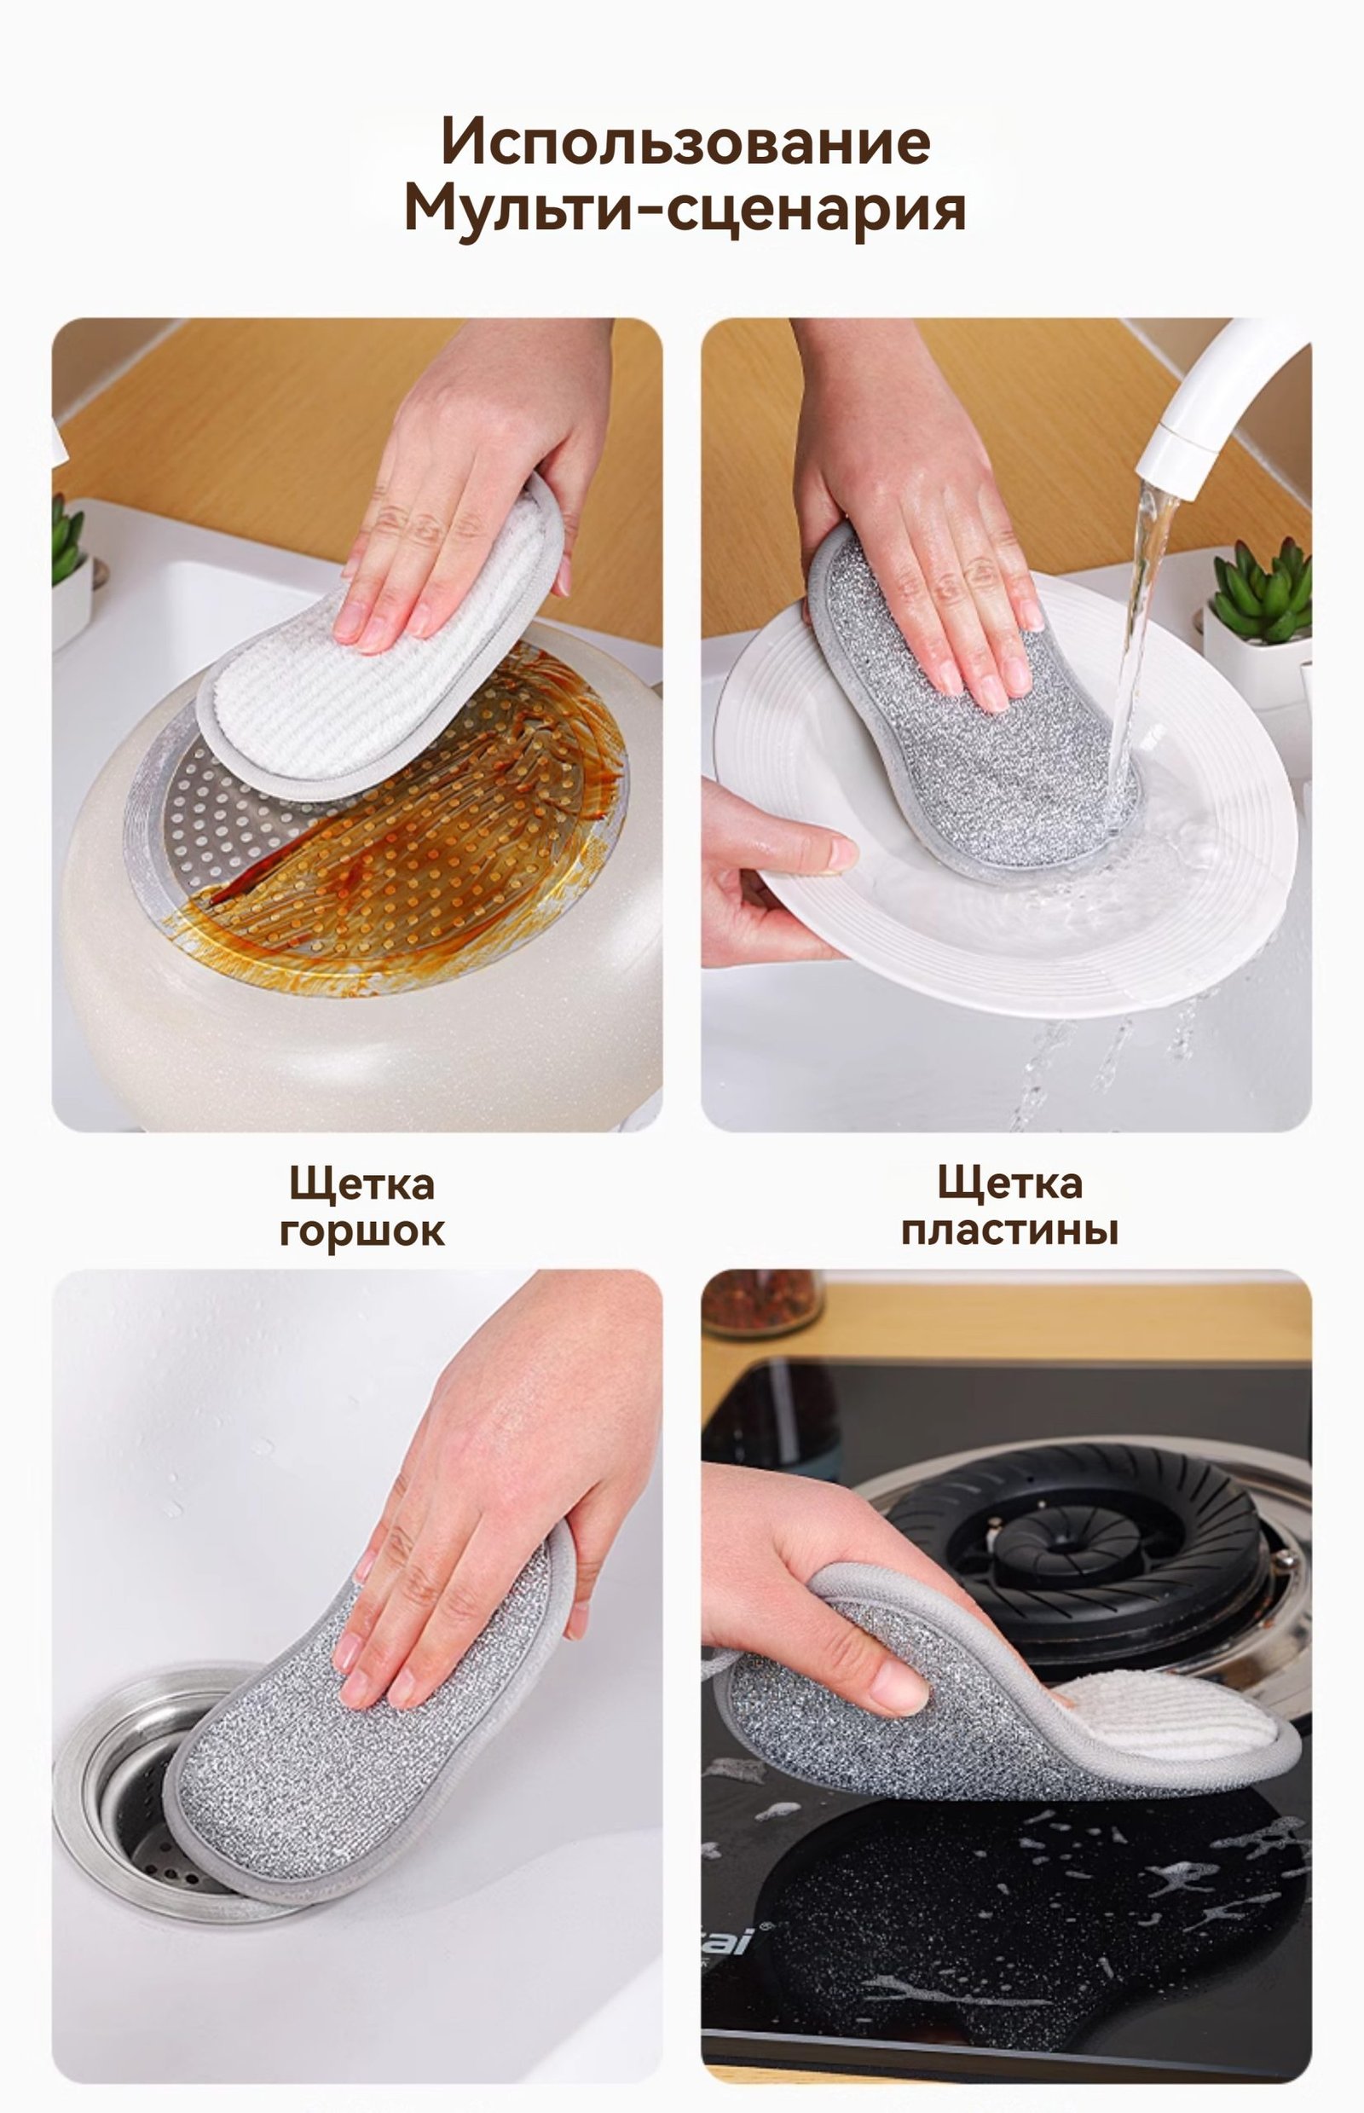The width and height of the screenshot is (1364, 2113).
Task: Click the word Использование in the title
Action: tap(685, 141)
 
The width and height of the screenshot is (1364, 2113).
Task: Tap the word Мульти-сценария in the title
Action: tap(685, 211)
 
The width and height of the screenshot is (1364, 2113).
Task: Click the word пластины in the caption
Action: tap(1009, 1230)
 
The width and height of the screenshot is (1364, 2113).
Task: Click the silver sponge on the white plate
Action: tap(970, 709)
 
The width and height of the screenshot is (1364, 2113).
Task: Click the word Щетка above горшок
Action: tap(362, 1184)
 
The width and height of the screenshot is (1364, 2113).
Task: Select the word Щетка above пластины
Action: tap(1009, 1184)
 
